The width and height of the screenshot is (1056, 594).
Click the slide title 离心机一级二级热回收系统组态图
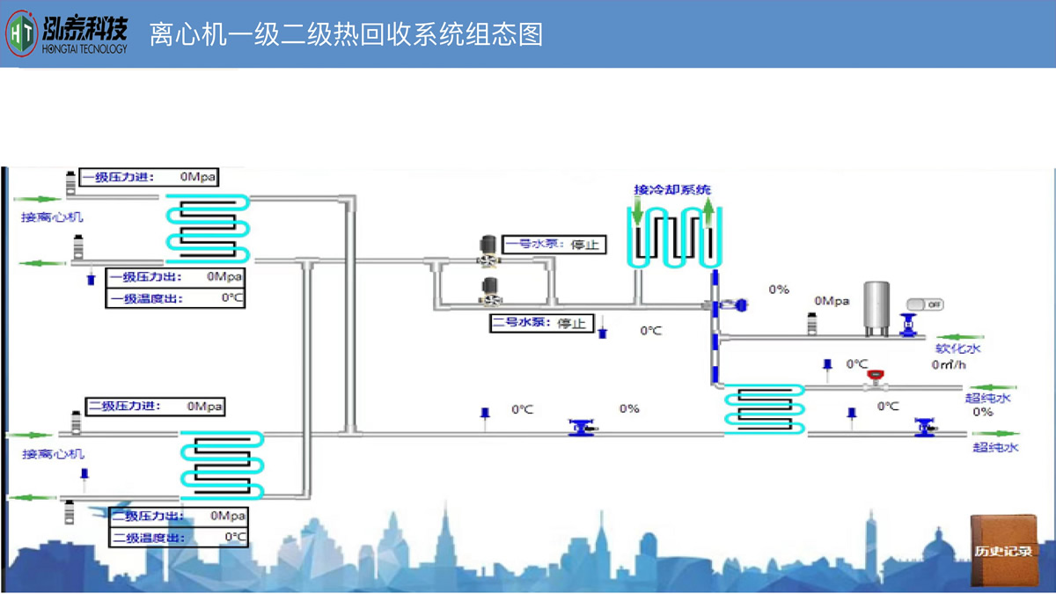point(346,34)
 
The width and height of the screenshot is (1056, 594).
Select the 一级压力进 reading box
point(149,177)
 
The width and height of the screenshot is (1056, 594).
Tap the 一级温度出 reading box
point(175,298)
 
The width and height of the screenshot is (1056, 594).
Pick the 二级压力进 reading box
point(155,406)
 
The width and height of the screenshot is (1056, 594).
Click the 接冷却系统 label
point(672,189)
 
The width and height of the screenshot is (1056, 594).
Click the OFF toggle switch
point(925,304)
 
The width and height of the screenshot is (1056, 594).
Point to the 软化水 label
point(957,348)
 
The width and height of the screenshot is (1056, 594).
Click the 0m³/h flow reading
point(950,364)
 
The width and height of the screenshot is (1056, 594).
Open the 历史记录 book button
point(1003,551)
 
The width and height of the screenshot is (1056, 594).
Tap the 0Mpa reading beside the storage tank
point(832,301)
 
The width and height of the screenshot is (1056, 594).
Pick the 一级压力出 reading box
point(175,276)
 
